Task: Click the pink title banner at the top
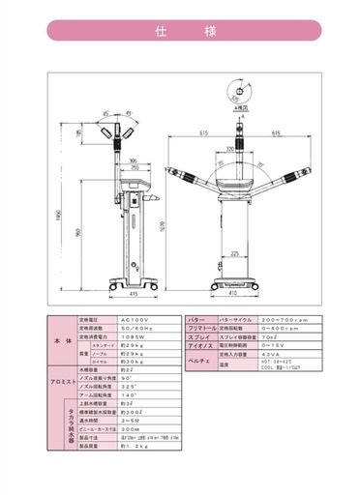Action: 180,32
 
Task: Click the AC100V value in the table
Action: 133,319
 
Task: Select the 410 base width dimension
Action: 232,292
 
